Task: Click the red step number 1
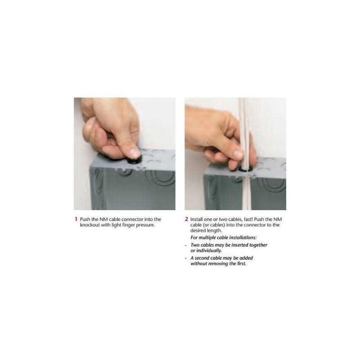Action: tap(76, 219)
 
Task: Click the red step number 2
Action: tap(186, 219)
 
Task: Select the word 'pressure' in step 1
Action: tap(145, 225)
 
